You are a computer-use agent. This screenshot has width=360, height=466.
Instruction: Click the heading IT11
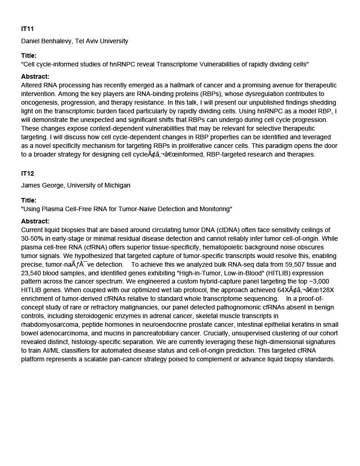[27, 29]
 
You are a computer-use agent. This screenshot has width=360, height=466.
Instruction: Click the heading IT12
[27, 173]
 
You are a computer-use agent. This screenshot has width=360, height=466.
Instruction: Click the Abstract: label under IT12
[35, 221]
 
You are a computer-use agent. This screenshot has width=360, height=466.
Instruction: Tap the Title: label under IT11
[29, 56]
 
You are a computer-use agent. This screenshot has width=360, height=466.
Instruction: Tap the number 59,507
[283, 264]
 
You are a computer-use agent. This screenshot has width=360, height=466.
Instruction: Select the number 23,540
[32, 273]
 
